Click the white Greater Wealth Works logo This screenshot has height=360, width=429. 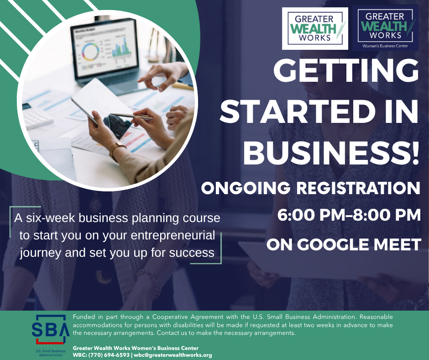(315, 28)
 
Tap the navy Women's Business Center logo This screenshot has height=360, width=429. (386, 28)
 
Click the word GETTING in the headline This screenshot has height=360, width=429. (346, 70)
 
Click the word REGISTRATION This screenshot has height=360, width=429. (358, 188)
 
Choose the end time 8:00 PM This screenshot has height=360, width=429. (387, 215)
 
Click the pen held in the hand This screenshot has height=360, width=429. (131, 116)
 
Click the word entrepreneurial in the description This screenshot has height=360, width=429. (173, 236)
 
